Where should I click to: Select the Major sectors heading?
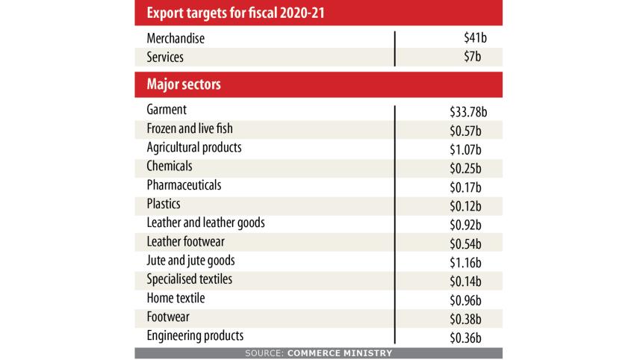click(183, 85)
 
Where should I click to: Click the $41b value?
click(474, 39)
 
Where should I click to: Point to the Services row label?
click(166, 57)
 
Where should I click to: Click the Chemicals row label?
click(170, 166)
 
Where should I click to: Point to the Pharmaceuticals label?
click(184, 184)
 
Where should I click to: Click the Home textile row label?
click(176, 297)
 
